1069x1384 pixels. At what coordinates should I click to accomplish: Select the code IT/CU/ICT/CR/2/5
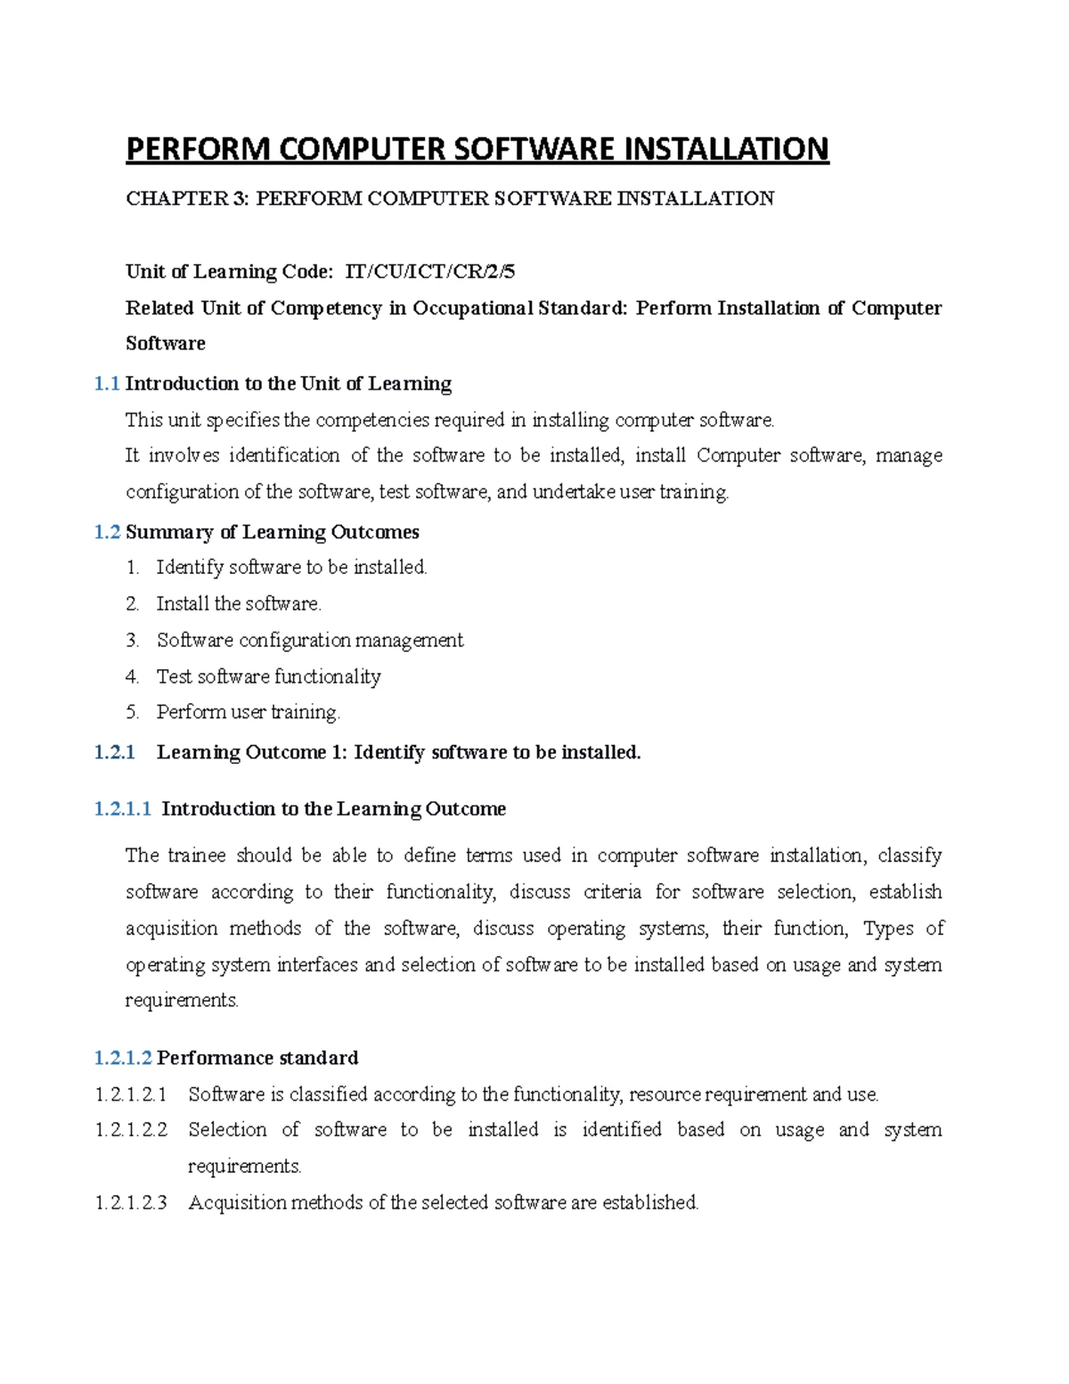429,272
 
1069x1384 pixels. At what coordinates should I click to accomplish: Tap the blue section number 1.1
107,384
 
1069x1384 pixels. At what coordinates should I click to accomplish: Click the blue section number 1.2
107,532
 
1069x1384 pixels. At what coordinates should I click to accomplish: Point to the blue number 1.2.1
114,753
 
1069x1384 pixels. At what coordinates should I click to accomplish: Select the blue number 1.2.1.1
123,809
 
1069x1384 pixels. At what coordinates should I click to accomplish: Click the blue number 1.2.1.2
123,1058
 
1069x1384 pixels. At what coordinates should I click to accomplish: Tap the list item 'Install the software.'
239,604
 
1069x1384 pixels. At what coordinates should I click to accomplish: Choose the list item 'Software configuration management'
309,641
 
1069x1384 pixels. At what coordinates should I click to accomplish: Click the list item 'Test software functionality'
268,677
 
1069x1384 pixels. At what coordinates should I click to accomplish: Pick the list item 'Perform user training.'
249,713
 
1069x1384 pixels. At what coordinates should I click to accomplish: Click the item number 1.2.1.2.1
131,1094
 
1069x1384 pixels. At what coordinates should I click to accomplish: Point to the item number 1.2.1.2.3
131,1203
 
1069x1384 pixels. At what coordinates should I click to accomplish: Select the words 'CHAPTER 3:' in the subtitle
188,199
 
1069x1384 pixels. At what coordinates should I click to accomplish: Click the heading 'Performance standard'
257,1058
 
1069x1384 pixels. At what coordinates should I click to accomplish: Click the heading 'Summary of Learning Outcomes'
273,532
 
